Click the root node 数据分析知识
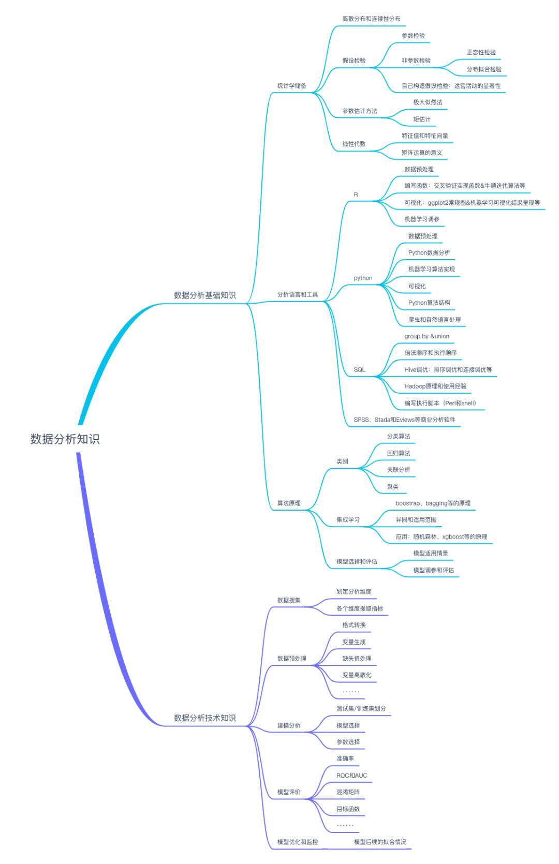[x=65, y=439]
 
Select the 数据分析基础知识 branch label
[x=204, y=295]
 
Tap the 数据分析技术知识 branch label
[x=204, y=718]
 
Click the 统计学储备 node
[x=292, y=86]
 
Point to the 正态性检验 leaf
[x=481, y=52]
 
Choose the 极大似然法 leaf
[x=428, y=102]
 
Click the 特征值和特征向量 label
[x=425, y=136]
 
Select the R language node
[x=356, y=195]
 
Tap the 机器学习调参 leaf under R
[x=422, y=219]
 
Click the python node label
[x=363, y=278]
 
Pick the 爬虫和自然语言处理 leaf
[x=434, y=320]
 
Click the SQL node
[x=360, y=370]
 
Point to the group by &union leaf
[x=427, y=336]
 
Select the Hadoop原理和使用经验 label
[x=435, y=386]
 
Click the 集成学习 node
[x=348, y=520]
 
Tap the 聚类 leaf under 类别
[x=393, y=487]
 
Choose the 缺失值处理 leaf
[x=357, y=659]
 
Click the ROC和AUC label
[x=351, y=776]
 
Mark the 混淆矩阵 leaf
[x=348, y=792]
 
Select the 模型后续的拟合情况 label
[x=380, y=842]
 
